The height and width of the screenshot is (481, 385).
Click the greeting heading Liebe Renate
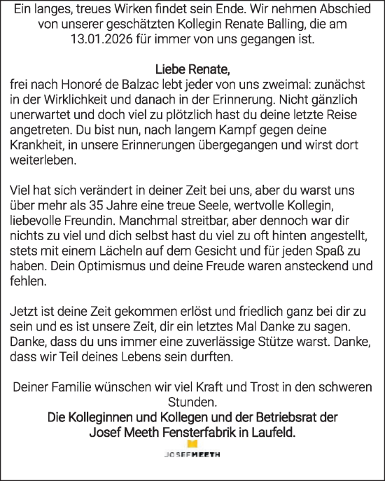pos(192,71)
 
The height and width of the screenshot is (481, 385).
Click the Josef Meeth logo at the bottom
pos(192,451)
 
